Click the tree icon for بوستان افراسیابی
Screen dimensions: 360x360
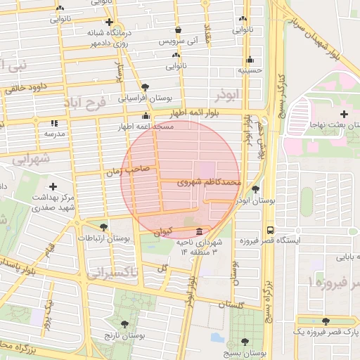pos(145,87)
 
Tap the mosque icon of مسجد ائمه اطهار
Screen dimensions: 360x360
pos(146,116)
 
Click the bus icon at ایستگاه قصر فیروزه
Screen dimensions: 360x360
pos(271,229)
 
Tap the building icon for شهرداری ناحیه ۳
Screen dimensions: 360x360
pos(200,231)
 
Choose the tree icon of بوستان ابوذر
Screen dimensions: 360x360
pos(255,189)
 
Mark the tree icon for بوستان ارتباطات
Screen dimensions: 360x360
pos(104,226)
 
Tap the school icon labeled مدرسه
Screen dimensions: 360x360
pos(54,123)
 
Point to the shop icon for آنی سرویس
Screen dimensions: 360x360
pos(178,30)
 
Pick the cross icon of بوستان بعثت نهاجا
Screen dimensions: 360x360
pos(343,114)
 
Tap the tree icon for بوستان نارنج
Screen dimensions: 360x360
pos(124,324)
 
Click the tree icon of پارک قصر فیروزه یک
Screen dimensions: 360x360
pos(325,321)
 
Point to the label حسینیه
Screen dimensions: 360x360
pos(250,70)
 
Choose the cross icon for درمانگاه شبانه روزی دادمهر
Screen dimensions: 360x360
pos(109,22)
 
